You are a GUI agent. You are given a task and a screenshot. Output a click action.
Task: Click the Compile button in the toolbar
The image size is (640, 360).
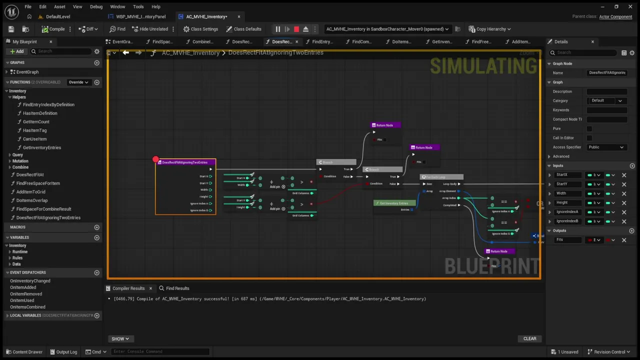[x=53, y=29]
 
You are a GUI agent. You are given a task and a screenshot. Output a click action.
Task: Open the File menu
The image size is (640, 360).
[x=28, y=6]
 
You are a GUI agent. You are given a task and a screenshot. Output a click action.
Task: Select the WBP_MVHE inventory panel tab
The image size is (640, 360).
[x=140, y=16]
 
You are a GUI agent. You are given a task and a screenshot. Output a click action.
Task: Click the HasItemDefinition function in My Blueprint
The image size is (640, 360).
[x=40, y=113]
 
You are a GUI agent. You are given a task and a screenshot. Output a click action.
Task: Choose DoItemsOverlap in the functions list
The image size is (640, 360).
[x=32, y=200]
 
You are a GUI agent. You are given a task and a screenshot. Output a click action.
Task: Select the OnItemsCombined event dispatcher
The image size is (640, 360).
[x=27, y=307]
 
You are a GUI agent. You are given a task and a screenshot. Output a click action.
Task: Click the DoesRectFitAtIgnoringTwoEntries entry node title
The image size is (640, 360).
[x=185, y=162]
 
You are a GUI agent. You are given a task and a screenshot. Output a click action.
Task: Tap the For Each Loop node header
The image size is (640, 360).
[x=441, y=177]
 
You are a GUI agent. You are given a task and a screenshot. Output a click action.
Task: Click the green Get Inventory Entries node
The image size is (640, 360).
[x=394, y=203]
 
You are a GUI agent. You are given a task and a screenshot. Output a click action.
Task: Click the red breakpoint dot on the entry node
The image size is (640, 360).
[x=155, y=159]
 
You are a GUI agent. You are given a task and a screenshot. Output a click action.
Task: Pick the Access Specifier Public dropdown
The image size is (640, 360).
[x=606, y=147]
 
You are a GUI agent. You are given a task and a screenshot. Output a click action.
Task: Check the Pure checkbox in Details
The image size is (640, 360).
[x=589, y=128]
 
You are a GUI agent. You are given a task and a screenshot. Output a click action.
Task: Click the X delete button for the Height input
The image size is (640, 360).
[x=624, y=202]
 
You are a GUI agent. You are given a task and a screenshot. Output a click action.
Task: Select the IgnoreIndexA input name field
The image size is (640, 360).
[x=567, y=211]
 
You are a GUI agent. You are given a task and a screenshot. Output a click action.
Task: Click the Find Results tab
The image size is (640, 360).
[x=174, y=288]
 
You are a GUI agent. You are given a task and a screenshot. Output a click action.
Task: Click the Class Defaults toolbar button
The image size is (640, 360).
[x=243, y=29]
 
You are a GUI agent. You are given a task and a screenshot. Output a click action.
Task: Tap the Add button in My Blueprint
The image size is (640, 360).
[x=17, y=51]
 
